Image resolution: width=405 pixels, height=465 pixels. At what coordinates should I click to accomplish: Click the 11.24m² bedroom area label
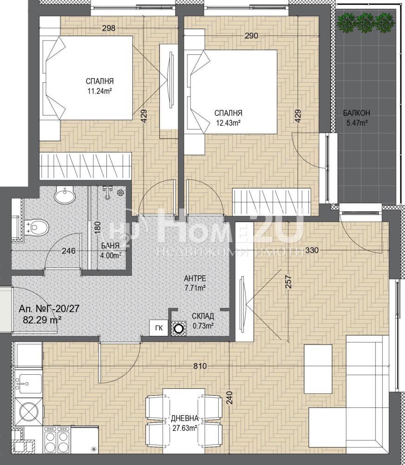99,91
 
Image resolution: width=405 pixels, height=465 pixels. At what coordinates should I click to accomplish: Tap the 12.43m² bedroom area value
228,123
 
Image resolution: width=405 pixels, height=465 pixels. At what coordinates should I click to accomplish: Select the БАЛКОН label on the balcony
357,113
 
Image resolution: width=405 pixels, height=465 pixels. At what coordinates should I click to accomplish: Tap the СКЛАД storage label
203,316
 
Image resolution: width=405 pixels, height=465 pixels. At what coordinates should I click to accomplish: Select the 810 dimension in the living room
200,366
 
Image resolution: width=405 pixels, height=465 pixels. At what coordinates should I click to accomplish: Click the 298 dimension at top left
108,28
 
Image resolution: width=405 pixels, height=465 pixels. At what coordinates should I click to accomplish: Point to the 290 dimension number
251,36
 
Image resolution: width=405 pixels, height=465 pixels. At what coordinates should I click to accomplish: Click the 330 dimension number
312,250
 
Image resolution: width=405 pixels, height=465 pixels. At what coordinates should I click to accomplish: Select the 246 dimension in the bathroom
68,251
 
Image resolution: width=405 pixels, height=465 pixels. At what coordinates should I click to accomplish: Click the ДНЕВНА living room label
184,418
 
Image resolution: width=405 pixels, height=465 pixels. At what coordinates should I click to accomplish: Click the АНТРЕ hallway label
195,279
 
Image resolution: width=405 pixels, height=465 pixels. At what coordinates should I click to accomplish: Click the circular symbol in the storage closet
179,329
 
